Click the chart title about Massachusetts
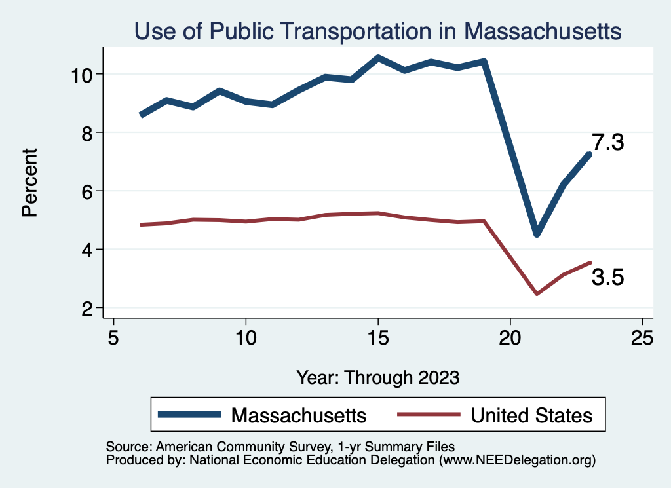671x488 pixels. coord(377,31)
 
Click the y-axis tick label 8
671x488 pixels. coord(90,132)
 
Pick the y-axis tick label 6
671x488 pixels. coord(90,191)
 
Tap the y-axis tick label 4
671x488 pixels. coord(90,250)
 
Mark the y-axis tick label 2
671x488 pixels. coord(90,308)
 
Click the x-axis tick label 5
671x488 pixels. coord(114,338)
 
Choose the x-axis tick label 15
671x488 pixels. coord(377,338)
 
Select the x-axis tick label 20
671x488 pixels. coord(510,338)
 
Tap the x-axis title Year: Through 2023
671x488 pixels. coord(378,377)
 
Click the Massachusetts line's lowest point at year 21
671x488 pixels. coord(537,234)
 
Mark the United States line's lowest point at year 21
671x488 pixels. coord(537,294)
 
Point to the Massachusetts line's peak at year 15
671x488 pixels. coord(378,58)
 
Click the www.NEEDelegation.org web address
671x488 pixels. coord(518,460)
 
